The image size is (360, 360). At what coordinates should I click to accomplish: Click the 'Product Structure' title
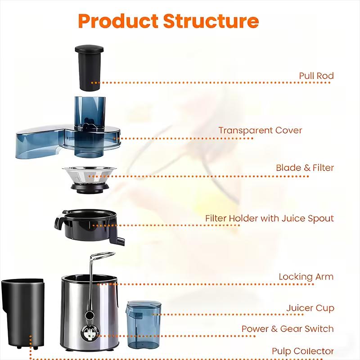(x=168, y=21)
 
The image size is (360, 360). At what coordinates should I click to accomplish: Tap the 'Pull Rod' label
(x=316, y=76)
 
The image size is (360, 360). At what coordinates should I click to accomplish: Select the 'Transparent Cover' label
(x=260, y=130)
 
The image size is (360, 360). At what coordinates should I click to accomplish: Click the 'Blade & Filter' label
(x=305, y=168)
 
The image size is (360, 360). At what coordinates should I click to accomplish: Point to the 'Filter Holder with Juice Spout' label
(x=269, y=219)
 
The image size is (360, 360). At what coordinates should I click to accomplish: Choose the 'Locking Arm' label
(x=306, y=276)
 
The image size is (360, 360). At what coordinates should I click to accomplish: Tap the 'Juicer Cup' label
(x=310, y=308)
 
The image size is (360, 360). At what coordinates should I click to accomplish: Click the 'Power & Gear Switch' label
(x=288, y=329)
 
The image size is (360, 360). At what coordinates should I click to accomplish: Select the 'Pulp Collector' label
(x=302, y=351)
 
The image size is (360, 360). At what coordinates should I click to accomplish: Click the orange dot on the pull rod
(x=92, y=83)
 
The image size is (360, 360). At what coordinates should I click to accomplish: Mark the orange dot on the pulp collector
(x=30, y=337)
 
